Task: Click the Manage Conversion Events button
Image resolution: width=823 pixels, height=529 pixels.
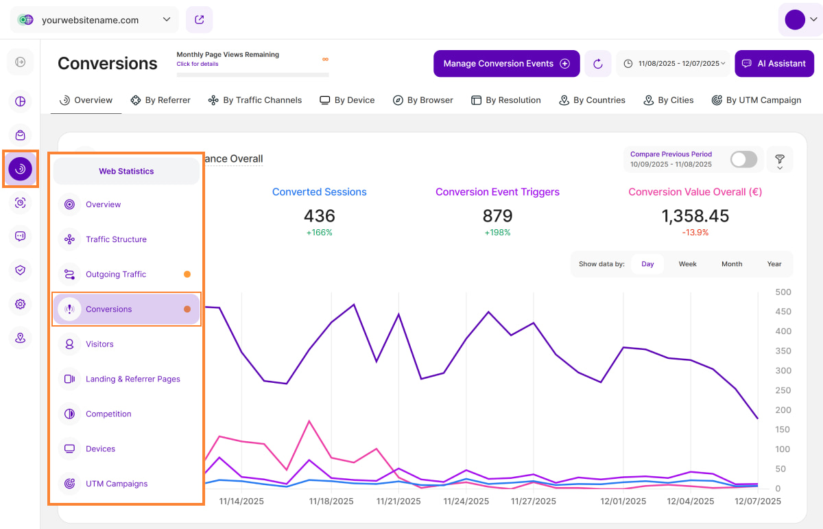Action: pos(506,64)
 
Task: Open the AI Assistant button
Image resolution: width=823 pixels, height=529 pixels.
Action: pos(774,64)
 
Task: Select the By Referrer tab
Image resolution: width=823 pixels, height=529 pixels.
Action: pos(160,100)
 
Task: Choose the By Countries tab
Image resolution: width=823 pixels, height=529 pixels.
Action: pos(592,100)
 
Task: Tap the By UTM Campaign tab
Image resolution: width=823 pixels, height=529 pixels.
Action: pos(756,100)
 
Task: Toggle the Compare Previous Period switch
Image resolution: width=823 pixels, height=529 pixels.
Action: pos(743,160)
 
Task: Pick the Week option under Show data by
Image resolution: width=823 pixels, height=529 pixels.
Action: pos(687,264)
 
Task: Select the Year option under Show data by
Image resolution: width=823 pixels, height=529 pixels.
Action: pos(774,264)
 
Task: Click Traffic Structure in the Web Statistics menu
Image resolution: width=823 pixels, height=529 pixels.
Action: pos(116,239)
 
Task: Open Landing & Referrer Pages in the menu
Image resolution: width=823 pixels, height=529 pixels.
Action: pos(132,379)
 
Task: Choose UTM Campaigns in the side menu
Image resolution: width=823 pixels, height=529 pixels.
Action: pos(117,484)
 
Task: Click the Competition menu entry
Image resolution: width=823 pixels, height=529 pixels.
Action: pos(108,414)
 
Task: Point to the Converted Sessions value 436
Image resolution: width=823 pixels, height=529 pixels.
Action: pos(319,216)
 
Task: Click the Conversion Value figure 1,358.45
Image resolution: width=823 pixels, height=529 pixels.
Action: pos(695,216)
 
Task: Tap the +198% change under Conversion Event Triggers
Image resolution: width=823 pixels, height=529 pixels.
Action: pos(497,233)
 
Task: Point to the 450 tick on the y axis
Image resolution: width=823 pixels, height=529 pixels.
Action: pos(783,311)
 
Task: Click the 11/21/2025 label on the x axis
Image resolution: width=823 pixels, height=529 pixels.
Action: pos(398,502)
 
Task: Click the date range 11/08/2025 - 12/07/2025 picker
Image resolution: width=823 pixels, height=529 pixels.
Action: pos(674,64)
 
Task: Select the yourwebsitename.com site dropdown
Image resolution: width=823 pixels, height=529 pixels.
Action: pos(95,20)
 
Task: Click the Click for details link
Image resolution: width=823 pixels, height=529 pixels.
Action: pos(198,64)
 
